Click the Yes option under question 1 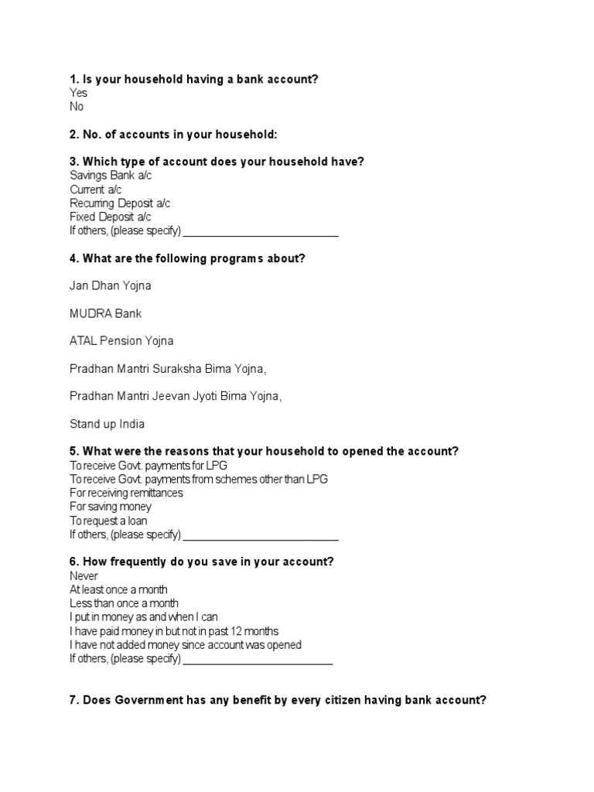(78, 93)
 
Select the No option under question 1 (77, 107)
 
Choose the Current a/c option (96, 189)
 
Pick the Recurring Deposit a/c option (120, 203)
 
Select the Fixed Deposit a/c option (110, 217)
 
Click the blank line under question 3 (261, 233)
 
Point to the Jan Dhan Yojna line (110, 286)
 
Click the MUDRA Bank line (105, 314)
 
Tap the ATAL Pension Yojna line (121, 341)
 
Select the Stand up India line (107, 424)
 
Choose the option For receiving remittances (126, 493)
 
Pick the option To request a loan (108, 521)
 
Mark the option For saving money (111, 507)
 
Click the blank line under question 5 (261, 536)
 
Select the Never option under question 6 (84, 576)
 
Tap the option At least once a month (118, 590)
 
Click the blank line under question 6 (258, 660)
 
